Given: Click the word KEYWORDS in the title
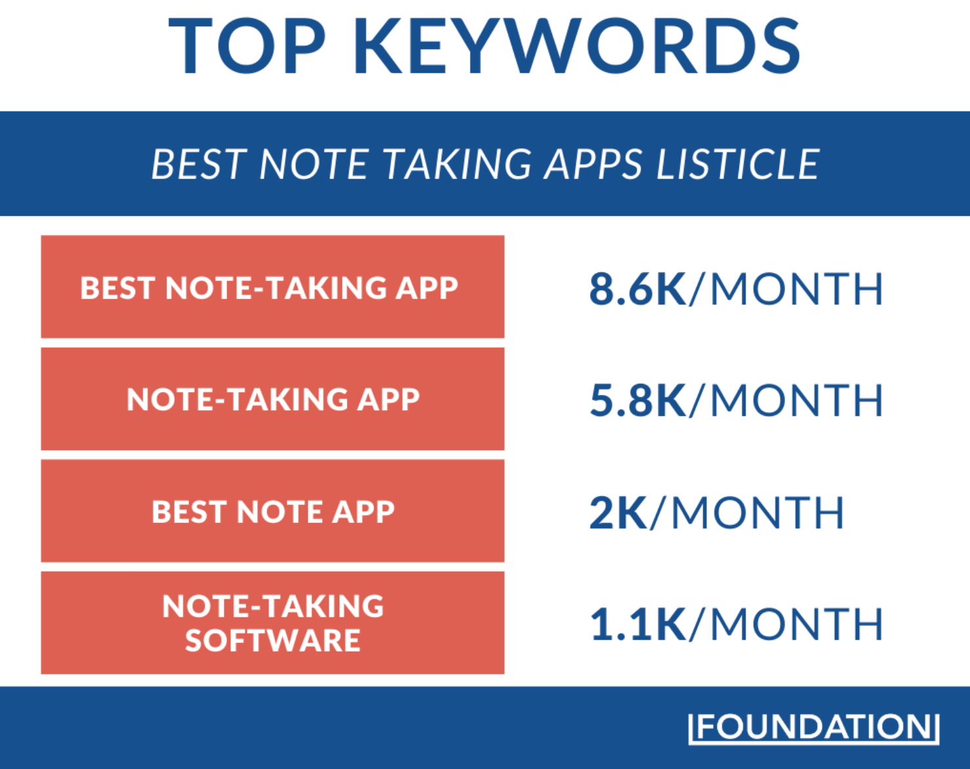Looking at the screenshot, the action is [x=578, y=46].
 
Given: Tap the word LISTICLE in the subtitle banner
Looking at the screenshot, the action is [x=738, y=165].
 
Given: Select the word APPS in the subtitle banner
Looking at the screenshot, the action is [x=593, y=165].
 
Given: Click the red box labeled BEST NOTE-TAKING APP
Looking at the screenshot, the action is [x=273, y=287].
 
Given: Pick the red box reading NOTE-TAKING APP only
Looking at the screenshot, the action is [x=273, y=399].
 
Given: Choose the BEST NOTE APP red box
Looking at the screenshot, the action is [x=273, y=510].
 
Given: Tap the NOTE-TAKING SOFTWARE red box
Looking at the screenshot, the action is [x=273, y=623].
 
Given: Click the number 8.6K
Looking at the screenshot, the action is [x=638, y=289].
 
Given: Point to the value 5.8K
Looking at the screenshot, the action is [x=638, y=400].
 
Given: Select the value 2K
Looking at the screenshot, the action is [x=618, y=512].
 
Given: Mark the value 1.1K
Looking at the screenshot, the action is [x=638, y=624].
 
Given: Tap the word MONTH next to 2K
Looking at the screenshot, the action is [x=757, y=512].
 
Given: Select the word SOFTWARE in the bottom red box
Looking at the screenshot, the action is [x=273, y=640].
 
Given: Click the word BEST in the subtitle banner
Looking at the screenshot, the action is [x=199, y=165].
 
